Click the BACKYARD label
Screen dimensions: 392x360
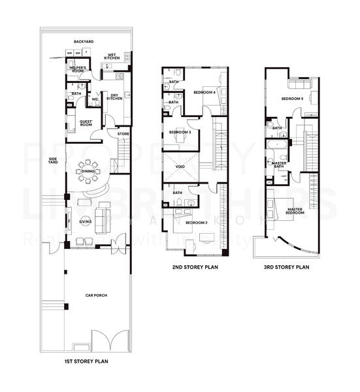tap(84, 42)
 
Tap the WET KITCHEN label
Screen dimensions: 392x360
tap(111, 57)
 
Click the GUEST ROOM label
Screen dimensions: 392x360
tap(86, 122)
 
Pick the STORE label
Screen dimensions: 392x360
tap(123, 134)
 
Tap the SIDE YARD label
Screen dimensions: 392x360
tap(54, 161)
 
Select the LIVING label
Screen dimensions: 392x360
tap(86, 221)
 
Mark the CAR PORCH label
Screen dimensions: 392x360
tap(97, 295)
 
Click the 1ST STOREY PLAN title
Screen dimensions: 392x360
tap(87, 360)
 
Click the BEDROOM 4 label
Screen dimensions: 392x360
tap(205, 92)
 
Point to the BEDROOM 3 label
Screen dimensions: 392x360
tap(180, 133)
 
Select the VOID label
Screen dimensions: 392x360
tap(180, 168)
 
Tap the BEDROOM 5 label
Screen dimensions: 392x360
tap(292, 99)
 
